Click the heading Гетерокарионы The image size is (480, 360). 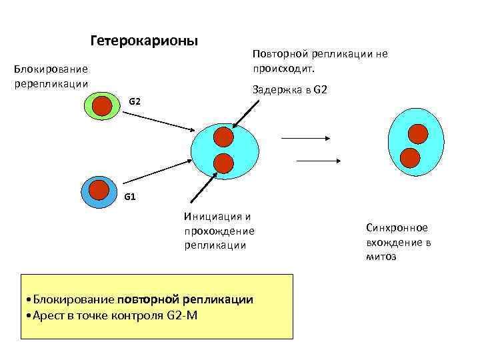point(143,41)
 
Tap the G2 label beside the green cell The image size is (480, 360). point(134,101)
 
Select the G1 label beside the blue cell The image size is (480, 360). point(131,197)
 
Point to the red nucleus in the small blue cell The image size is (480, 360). point(98,190)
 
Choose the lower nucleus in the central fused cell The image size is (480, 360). point(224,162)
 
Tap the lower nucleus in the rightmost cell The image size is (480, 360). point(410,157)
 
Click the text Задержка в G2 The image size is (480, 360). point(290,90)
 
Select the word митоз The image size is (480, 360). point(381,257)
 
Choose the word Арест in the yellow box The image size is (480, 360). point(46,315)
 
